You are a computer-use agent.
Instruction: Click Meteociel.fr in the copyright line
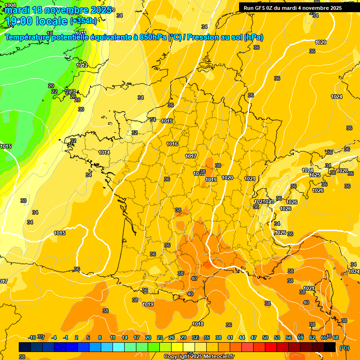217,357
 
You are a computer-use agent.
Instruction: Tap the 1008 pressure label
10,5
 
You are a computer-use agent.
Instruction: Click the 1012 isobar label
82,65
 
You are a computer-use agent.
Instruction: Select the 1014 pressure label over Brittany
104,152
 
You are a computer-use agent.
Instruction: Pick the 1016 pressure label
172,144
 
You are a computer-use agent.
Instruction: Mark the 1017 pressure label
191,156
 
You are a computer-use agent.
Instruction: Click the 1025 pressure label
315,175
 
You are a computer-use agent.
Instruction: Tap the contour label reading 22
54,91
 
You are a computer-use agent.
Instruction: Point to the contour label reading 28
77,100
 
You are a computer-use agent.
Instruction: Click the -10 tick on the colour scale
32,337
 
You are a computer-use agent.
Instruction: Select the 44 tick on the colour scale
242,337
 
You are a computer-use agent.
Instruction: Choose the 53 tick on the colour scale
277,337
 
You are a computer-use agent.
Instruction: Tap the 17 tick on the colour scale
136,337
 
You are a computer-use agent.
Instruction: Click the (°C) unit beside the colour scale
345,348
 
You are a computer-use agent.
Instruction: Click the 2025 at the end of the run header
334,8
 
